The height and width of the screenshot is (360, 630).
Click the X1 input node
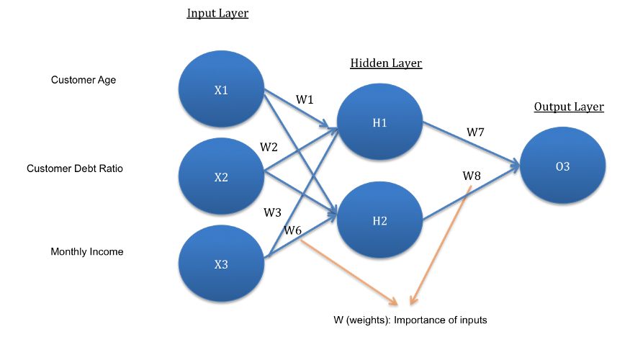(x=221, y=89)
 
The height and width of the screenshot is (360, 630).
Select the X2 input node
(x=221, y=176)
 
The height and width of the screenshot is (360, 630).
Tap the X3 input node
(x=221, y=264)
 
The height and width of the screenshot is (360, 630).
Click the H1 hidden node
(x=379, y=122)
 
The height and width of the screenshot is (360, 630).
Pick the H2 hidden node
(x=379, y=220)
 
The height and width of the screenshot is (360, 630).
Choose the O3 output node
(x=562, y=166)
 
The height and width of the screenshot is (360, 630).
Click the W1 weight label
(x=305, y=99)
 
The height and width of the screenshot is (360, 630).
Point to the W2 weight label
(x=269, y=147)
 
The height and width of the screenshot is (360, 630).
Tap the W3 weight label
(x=272, y=212)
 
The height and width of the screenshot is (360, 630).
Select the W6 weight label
(x=292, y=230)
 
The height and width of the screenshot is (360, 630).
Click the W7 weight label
(x=475, y=132)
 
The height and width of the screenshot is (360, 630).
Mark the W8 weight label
(x=472, y=176)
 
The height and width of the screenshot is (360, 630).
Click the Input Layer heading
(x=217, y=13)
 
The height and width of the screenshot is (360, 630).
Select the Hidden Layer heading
(x=386, y=63)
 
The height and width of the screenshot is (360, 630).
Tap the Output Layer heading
(x=569, y=107)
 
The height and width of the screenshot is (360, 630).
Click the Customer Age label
(x=84, y=80)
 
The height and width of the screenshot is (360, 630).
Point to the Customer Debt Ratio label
(x=75, y=168)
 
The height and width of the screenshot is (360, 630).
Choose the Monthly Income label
(x=87, y=251)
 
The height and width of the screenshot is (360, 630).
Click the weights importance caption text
(x=410, y=320)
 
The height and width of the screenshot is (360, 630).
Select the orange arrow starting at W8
(x=441, y=245)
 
